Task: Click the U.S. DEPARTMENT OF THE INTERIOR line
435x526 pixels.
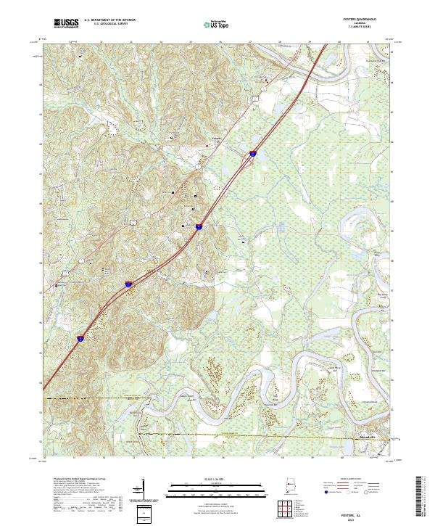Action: pyautogui.click(x=109, y=20)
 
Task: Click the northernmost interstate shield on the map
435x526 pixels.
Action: pyautogui.click(x=253, y=153)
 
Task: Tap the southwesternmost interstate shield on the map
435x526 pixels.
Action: pyautogui.click(x=80, y=337)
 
